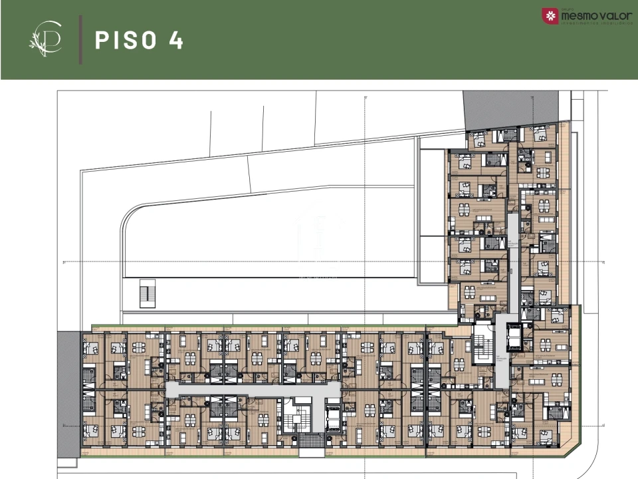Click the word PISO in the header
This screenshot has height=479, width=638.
127,40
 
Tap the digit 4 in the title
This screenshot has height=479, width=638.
175,40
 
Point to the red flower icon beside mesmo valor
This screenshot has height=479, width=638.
551,15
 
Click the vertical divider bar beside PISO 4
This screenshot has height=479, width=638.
80,40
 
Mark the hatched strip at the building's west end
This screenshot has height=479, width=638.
68,393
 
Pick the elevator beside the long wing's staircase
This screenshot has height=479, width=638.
332,418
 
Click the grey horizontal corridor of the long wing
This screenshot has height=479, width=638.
253,389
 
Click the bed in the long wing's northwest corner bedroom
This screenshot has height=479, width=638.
91,347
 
